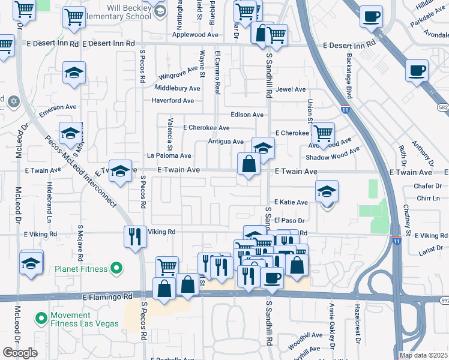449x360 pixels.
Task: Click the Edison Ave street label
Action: coord(247,115)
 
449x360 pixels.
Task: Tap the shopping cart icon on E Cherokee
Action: coord(324,133)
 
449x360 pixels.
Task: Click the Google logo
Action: coord(20,352)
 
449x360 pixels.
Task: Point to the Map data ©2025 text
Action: coord(423,355)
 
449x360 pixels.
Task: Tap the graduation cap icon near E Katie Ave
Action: coord(327,193)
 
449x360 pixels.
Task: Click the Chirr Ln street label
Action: coord(427,198)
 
